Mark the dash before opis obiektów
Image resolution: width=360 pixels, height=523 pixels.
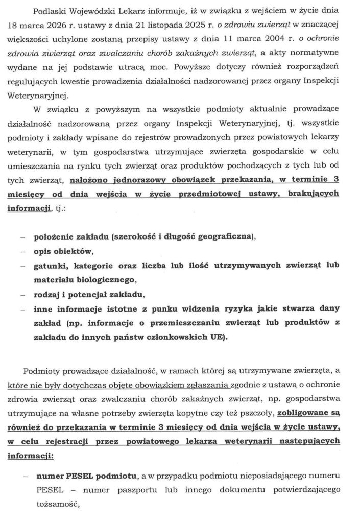tap(22, 252)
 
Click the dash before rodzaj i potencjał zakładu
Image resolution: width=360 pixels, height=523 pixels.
tap(22, 295)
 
